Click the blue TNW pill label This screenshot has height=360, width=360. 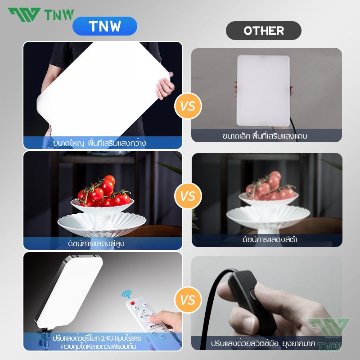tap(105, 26)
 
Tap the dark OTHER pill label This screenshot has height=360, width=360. tap(264, 31)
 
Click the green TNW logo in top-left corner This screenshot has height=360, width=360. tap(41, 14)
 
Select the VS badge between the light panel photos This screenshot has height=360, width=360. tap(188, 106)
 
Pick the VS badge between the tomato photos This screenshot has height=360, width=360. tap(188, 196)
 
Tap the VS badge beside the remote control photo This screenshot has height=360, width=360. tap(188, 300)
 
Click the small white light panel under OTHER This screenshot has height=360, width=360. tap(263, 90)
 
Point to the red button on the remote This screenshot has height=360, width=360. tap(132, 303)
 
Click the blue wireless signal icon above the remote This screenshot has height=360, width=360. tap(127, 294)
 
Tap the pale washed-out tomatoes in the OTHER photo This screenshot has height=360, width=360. tap(270, 186)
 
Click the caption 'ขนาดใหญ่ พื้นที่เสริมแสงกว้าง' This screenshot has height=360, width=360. tap(99, 143)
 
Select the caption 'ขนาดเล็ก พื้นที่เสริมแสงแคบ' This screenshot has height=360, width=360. tap(265, 136)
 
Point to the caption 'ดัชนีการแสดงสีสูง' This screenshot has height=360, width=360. tap(96, 243)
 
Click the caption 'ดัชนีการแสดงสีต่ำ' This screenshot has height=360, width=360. tap(270, 239)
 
